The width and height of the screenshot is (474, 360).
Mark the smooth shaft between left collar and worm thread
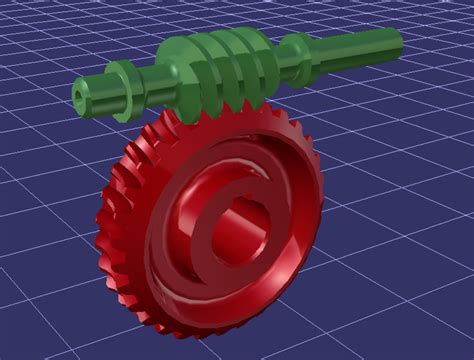point(150,80)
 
